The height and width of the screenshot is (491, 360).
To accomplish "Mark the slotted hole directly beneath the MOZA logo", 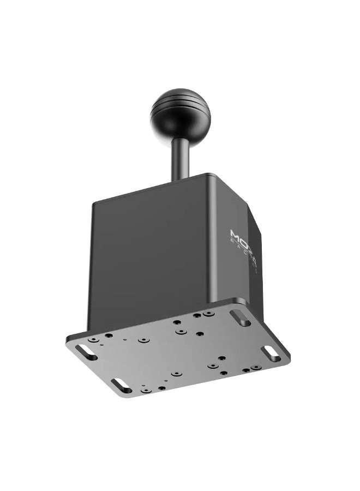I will click(x=240, y=318).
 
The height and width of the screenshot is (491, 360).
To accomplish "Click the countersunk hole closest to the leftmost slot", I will click(x=94, y=340).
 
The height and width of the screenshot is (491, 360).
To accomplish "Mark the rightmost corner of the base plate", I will click(x=290, y=357).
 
